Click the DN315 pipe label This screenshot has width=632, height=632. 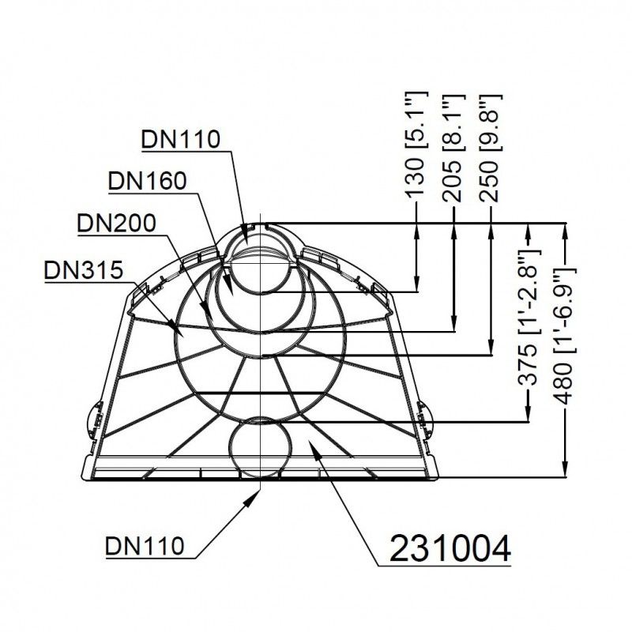[84, 269]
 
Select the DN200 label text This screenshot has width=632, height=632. [116, 223]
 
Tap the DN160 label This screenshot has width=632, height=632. [147, 181]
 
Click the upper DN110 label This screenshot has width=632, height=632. [181, 139]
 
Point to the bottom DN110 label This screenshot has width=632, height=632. [145, 546]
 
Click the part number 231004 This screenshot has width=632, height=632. [450, 548]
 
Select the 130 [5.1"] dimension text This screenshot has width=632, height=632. [416, 145]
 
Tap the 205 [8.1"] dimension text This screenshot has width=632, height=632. [452, 148]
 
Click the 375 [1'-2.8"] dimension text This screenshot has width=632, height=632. [529, 317]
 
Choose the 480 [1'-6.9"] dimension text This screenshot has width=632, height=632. [565, 336]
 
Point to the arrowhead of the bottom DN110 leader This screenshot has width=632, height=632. [253, 497]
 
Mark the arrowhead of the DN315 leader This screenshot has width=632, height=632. [172, 326]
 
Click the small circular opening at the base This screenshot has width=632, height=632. [261, 447]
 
